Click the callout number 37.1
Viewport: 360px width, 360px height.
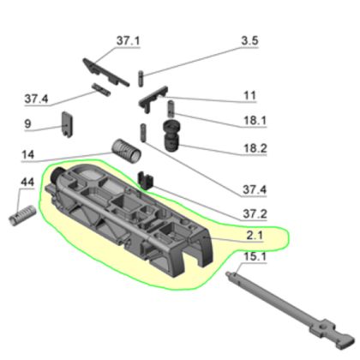pyautogui.click(x=129, y=41)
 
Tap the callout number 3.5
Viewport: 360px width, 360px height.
pyautogui.click(x=249, y=40)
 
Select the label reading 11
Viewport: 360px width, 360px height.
pyautogui.click(x=249, y=95)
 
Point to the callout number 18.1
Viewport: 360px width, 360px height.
pyautogui.click(x=255, y=120)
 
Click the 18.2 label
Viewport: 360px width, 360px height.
pyautogui.click(x=255, y=148)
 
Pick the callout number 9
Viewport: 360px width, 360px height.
pyautogui.click(x=27, y=123)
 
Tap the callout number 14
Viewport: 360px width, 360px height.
pyautogui.click(x=28, y=154)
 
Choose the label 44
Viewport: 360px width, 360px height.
pyautogui.click(x=27, y=182)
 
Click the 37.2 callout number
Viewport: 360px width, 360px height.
pyautogui.click(x=255, y=213)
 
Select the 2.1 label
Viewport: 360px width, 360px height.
pyautogui.click(x=255, y=236)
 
